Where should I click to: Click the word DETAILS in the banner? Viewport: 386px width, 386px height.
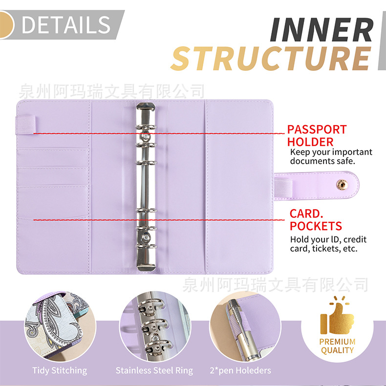click(x=66, y=24)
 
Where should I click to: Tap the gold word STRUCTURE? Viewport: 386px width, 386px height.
click(x=270, y=59)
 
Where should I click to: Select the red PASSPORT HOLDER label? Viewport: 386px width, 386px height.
click(x=317, y=136)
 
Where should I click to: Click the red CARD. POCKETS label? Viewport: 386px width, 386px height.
click(x=316, y=220)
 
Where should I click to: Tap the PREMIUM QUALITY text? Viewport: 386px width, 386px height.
click(x=337, y=345)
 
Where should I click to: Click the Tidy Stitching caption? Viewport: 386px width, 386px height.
click(x=60, y=370)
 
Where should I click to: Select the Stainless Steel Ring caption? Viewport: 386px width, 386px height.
click(x=154, y=370)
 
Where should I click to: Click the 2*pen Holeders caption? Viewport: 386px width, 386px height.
click(x=239, y=370)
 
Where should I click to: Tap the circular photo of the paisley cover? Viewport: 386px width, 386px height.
click(x=60, y=325)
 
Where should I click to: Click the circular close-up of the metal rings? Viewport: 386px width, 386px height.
click(x=154, y=325)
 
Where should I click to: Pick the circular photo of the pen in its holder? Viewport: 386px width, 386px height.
click(x=240, y=325)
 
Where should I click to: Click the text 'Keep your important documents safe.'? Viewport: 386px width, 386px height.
click(x=331, y=156)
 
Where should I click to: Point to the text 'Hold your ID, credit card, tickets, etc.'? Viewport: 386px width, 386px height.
click(x=328, y=244)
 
